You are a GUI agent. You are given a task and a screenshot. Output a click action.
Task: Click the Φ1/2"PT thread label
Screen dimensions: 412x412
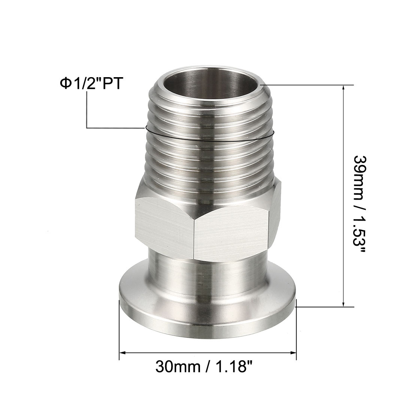coord(91,84)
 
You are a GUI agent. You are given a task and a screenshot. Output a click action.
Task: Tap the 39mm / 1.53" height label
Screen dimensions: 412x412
coord(359,204)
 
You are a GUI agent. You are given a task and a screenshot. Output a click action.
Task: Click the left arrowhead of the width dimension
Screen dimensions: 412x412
coord(124,352)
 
